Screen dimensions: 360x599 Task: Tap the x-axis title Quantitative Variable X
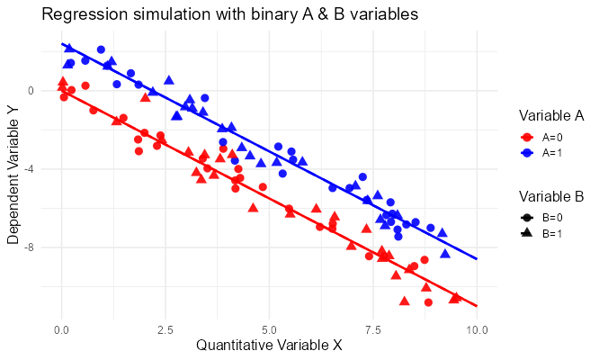[x=269, y=345]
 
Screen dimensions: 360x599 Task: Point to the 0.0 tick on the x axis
[x=61, y=328]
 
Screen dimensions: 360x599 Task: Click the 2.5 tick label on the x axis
[x=165, y=328]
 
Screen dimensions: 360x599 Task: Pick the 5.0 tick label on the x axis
[x=269, y=328]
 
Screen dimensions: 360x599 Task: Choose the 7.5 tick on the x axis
[x=372, y=328]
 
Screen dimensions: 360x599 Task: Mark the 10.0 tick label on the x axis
[x=477, y=328]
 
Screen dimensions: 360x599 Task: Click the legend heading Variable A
[x=551, y=116]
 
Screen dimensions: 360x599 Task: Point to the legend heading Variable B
[x=551, y=196]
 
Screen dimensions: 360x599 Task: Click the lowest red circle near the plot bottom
[x=428, y=302]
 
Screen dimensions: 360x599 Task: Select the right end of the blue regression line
[x=476, y=259]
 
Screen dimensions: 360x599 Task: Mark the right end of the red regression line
[x=476, y=306]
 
